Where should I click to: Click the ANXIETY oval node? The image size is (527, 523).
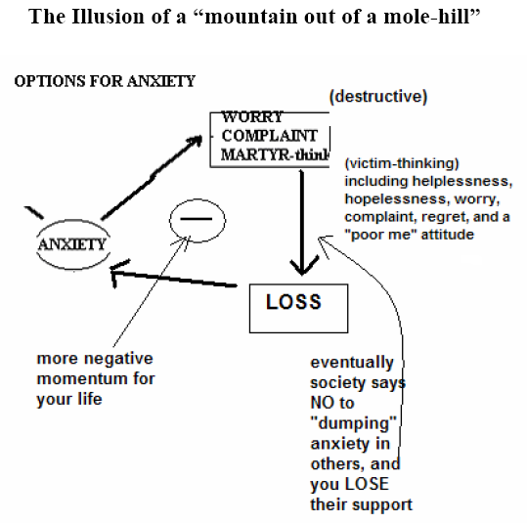pyautogui.click(x=70, y=243)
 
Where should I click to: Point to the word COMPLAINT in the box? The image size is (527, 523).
pyautogui.click(x=270, y=136)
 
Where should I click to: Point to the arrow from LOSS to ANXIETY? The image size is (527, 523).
pyautogui.click(x=176, y=284)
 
